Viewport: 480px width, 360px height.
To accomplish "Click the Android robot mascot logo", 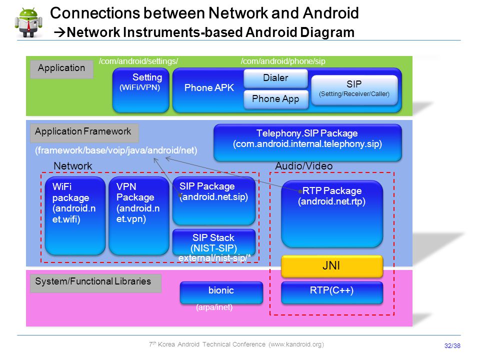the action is (x=28, y=22).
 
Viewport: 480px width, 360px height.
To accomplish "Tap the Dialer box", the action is (x=275, y=78).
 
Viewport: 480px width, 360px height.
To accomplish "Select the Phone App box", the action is (x=275, y=99).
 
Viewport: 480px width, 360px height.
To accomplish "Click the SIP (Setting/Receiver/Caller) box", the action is (x=354, y=90).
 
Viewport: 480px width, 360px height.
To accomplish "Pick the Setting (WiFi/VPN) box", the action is (x=141, y=89).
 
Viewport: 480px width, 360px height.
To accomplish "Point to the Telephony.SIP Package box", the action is (x=307, y=142).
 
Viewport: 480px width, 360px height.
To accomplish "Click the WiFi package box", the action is (x=75, y=215).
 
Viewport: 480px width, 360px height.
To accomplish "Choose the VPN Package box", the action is (x=138, y=215).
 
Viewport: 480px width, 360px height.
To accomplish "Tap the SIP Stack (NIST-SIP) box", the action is (x=213, y=243).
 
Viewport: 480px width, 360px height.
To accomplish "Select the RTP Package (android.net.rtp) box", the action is (x=332, y=213).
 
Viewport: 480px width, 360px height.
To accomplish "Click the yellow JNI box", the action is (x=332, y=266).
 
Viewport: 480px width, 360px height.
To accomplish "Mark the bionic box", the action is (x=221, y=292).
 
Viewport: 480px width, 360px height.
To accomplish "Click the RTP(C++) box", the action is (x=332, y=292).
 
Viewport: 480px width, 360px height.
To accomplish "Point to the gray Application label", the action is (x=61, y=69).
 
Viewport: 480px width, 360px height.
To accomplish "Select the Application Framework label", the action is (x=84, y=133).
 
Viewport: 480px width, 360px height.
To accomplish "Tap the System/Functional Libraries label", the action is (x=95, y=283).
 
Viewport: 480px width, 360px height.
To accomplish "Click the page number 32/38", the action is (x=452, y=345).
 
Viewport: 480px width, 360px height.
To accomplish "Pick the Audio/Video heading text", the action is (x=303, y=166).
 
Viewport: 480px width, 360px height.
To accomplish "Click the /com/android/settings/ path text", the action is (x=138, y=61).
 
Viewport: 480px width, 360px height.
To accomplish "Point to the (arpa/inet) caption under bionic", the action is (x=214, y=307).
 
